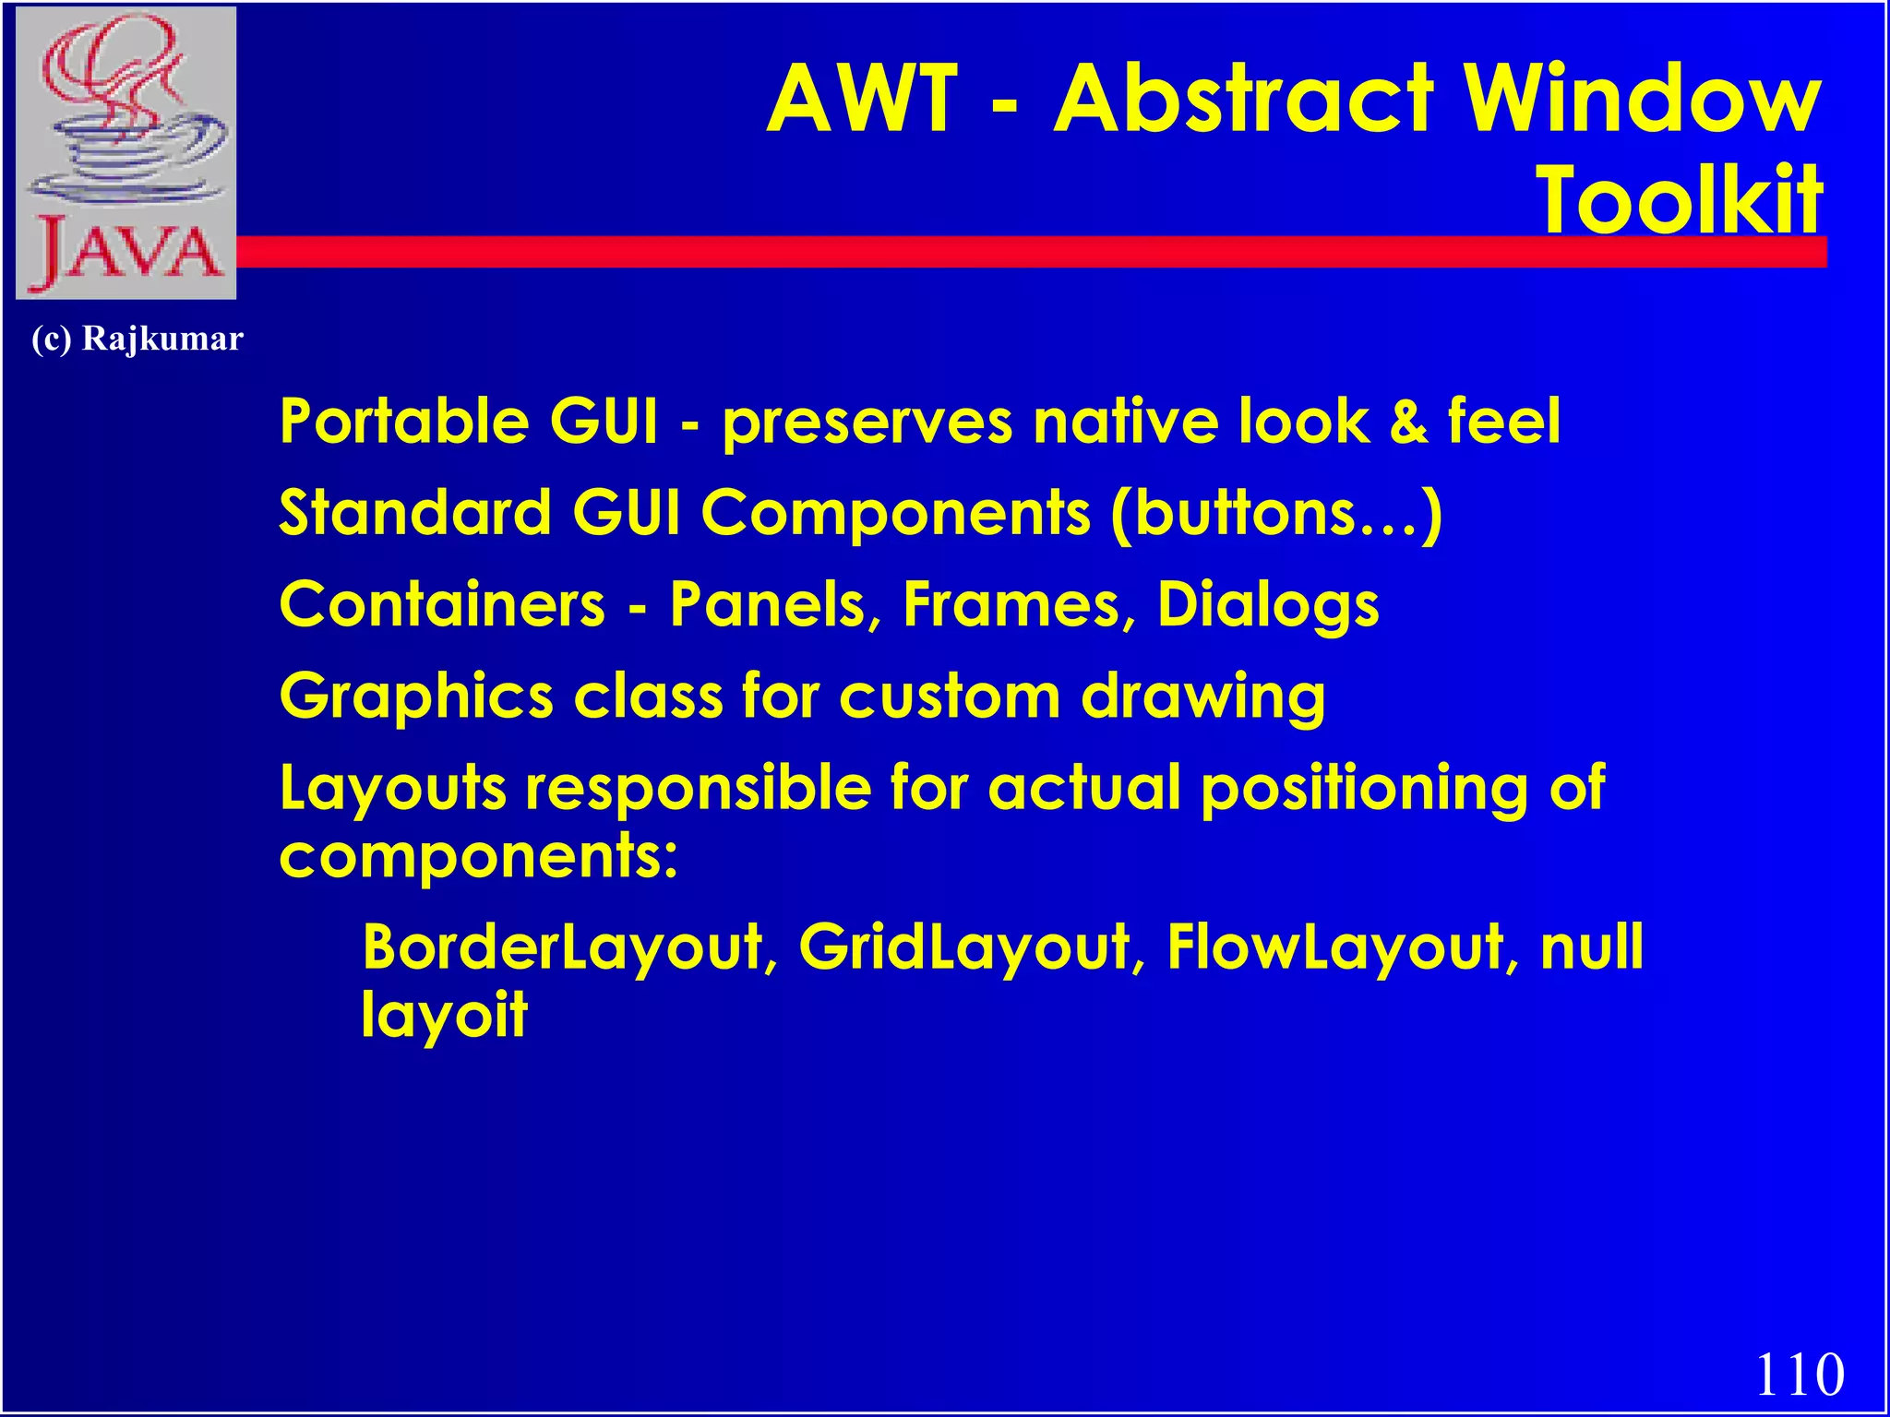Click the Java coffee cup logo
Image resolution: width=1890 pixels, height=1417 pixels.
pos(126,152)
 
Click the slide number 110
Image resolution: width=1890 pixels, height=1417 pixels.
pos(1799,1374)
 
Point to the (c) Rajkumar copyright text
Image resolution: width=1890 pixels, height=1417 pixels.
pos(138,339)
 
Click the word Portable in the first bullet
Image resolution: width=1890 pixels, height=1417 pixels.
pos(404,421)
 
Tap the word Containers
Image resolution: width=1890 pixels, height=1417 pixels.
pos(442,604)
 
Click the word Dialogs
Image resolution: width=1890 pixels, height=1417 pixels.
pos(1268,606)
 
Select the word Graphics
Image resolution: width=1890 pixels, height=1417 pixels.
pos(416,697)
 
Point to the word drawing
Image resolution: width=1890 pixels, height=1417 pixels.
pos(1203,697)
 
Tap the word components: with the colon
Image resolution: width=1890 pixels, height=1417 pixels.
pos(478,857)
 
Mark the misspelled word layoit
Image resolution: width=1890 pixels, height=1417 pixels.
pos(444,1015)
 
